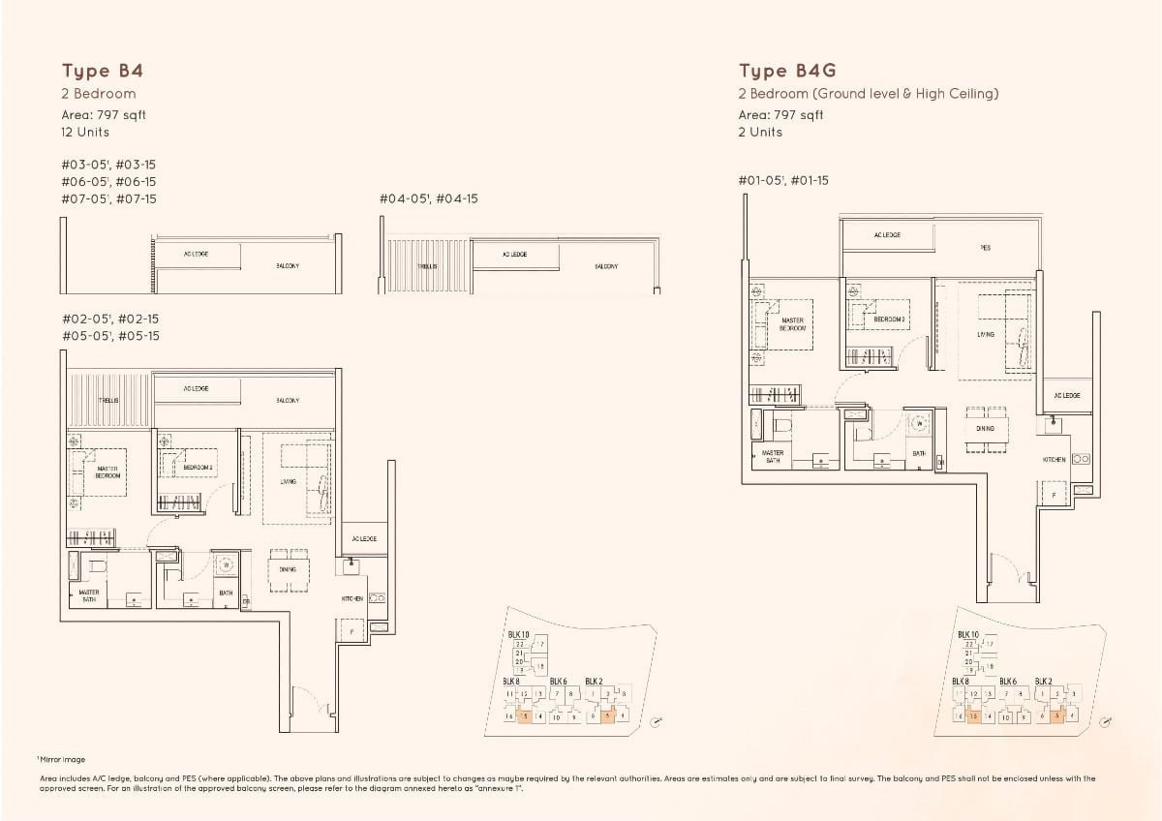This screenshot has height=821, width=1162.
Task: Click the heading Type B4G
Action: (x=787, y=71)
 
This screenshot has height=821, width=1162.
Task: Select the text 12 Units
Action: (x=85, y=132)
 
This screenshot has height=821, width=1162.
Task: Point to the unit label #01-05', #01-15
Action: (x=783, y=180)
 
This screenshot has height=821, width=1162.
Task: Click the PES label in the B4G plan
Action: (x=986, y=247)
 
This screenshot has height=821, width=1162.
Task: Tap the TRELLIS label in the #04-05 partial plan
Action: (x=427, y=265)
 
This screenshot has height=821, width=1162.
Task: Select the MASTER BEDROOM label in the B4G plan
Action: (x=791, y=324)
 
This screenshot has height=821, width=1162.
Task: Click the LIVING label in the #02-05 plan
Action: (x=288, y=481)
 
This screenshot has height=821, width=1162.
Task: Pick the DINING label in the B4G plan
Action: (x=985, y=428)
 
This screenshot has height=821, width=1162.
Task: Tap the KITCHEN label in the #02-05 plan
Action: (x=352, y=599)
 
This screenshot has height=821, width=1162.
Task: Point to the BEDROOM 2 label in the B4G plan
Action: (x=889, y=319)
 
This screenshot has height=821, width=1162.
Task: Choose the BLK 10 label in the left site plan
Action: (x=518, y=634)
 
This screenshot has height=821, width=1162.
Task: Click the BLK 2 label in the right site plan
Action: (x=1045, y=681)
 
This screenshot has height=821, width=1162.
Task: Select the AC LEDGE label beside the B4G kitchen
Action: (x=1066, y=395)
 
